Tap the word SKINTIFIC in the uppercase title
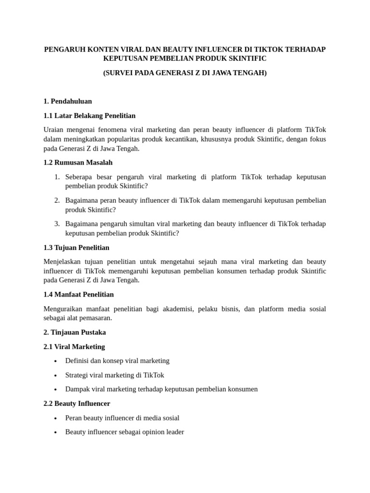[x=246, y=58]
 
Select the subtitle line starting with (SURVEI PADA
[x=185, y=73]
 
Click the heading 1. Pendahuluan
[x=67, y=101]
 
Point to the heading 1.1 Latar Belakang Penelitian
[x=89, y=116]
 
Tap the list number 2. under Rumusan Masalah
[x=56, y=200]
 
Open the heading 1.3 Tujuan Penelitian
[x=76, y=247]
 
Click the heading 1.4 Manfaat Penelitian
[x=79, y=294]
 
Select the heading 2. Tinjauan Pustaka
[x=74, y=332]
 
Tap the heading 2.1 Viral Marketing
[x=74, y=347]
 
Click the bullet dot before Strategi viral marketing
[x=56, y=376]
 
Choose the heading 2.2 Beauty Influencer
[x=77, y=403]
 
